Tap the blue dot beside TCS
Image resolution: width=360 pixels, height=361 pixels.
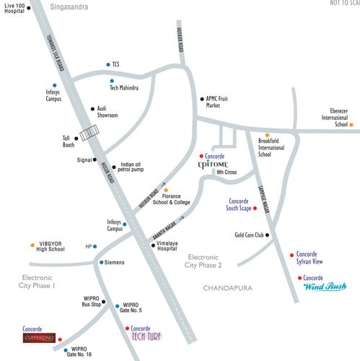(x=107, y=64)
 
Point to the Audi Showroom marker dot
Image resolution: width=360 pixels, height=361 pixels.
(x=92, y=109)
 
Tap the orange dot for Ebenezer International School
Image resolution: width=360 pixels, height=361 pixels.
(x=351, y=124)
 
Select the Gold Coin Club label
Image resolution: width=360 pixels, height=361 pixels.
(x=250, y=235)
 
